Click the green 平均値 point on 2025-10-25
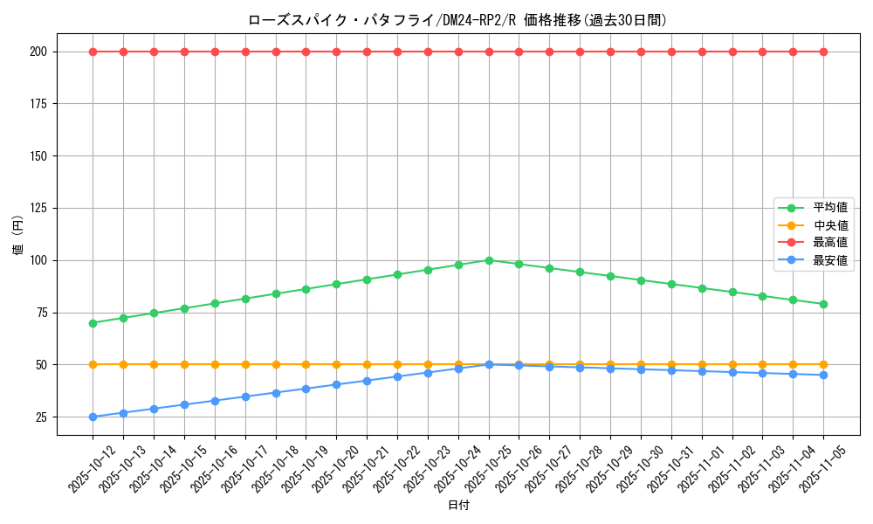coord(489,260)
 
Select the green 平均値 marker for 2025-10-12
coord(93,323)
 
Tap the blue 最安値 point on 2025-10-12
coord(93,417)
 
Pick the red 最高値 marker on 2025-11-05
coord(823,52)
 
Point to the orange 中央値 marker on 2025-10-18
coord(276,364)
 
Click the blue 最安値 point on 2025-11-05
coord(823,375)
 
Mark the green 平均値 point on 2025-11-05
coord(823,304)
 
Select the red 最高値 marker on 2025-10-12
coord(93,52)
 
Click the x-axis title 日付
coord(457,506)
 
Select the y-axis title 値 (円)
coord(17,234)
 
